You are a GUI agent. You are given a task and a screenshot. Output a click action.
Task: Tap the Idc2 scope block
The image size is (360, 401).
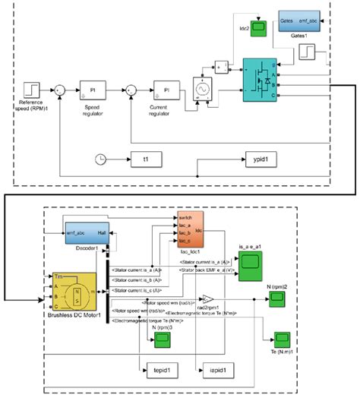pos(258,28)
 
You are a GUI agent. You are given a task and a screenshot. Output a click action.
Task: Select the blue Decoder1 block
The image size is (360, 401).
pos(79,233)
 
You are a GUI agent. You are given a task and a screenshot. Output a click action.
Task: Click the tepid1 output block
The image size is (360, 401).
pos(160,369)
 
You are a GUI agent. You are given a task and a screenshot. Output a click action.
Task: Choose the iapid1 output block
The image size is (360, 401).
pos(214,369)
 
